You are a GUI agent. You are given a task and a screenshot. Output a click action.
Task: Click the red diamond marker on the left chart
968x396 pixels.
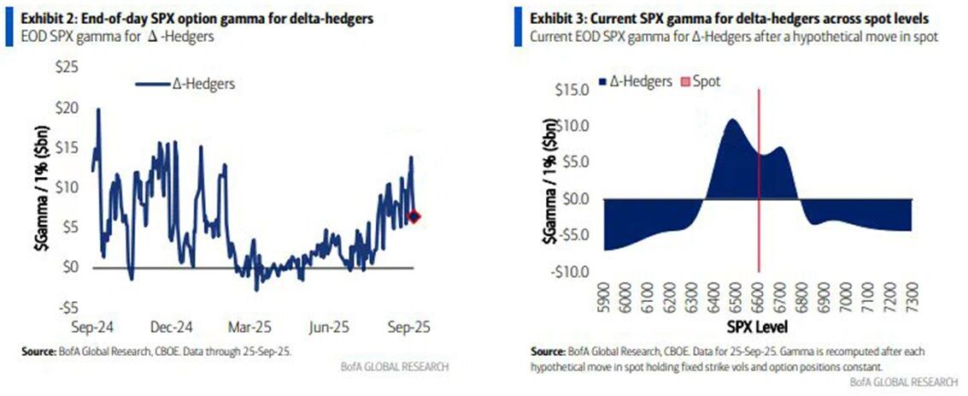click(414, 216)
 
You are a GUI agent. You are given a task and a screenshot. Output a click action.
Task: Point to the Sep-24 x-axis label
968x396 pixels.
click(90, 328)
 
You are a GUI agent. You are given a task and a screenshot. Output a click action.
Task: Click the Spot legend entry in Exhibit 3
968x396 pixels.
click(700, 82)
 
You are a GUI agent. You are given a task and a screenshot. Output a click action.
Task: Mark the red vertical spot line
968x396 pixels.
click(760, 214)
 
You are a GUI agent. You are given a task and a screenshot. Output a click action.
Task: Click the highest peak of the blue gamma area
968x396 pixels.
click(732, 120)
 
